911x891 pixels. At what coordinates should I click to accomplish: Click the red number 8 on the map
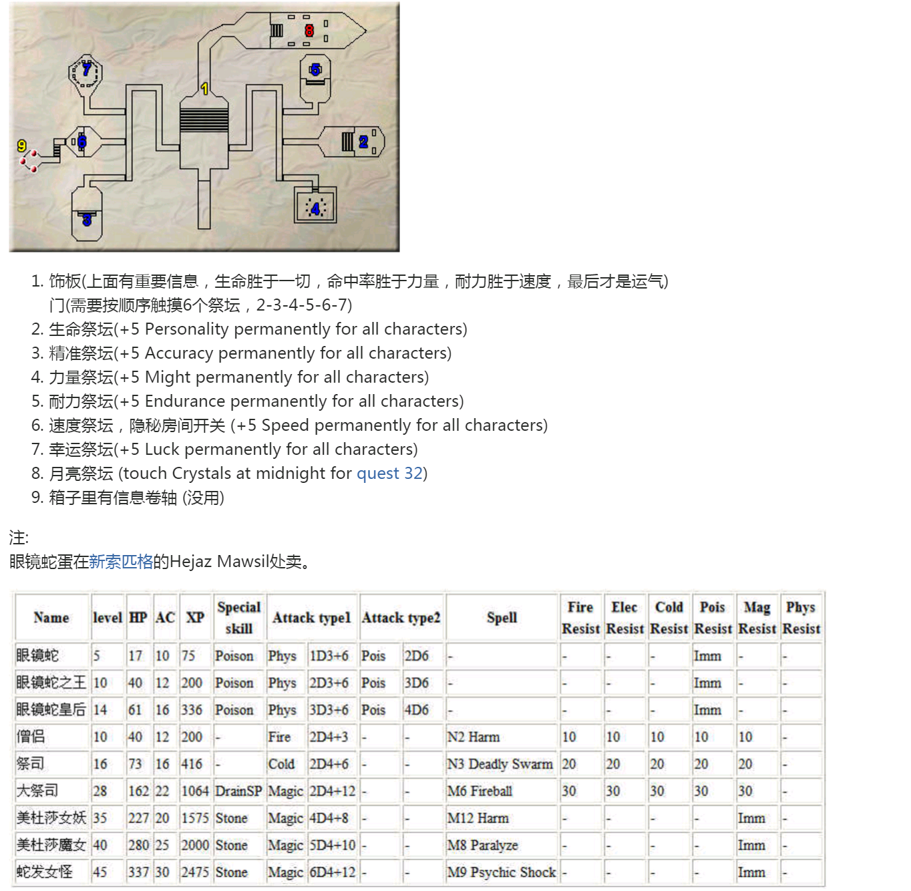pos(309,31)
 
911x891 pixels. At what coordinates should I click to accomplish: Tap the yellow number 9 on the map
pos(21,146)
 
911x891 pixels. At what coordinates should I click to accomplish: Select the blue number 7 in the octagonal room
pos(87,69)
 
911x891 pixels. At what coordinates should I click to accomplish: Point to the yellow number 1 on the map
pos(204,88)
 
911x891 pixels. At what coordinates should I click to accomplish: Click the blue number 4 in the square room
pos(315,209)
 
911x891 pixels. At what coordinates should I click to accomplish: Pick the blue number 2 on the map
pos(363,142)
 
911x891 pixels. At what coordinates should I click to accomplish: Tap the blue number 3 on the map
pos(87,220)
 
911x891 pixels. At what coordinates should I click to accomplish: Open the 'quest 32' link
pos(389,474)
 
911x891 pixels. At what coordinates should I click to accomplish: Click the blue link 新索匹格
pos(121,561)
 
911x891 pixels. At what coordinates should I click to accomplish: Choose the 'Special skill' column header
pos(238,618)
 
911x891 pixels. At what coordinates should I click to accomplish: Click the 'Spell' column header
pos(502,618)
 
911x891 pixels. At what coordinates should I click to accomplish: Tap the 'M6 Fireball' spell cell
pos(480,791)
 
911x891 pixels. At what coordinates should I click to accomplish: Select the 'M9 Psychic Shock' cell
pos(502,872)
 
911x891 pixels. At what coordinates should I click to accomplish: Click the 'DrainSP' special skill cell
pos(238,791)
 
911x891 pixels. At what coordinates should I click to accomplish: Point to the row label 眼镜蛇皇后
pos(51,710)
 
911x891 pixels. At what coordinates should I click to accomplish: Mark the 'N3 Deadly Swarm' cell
pos(500,764)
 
